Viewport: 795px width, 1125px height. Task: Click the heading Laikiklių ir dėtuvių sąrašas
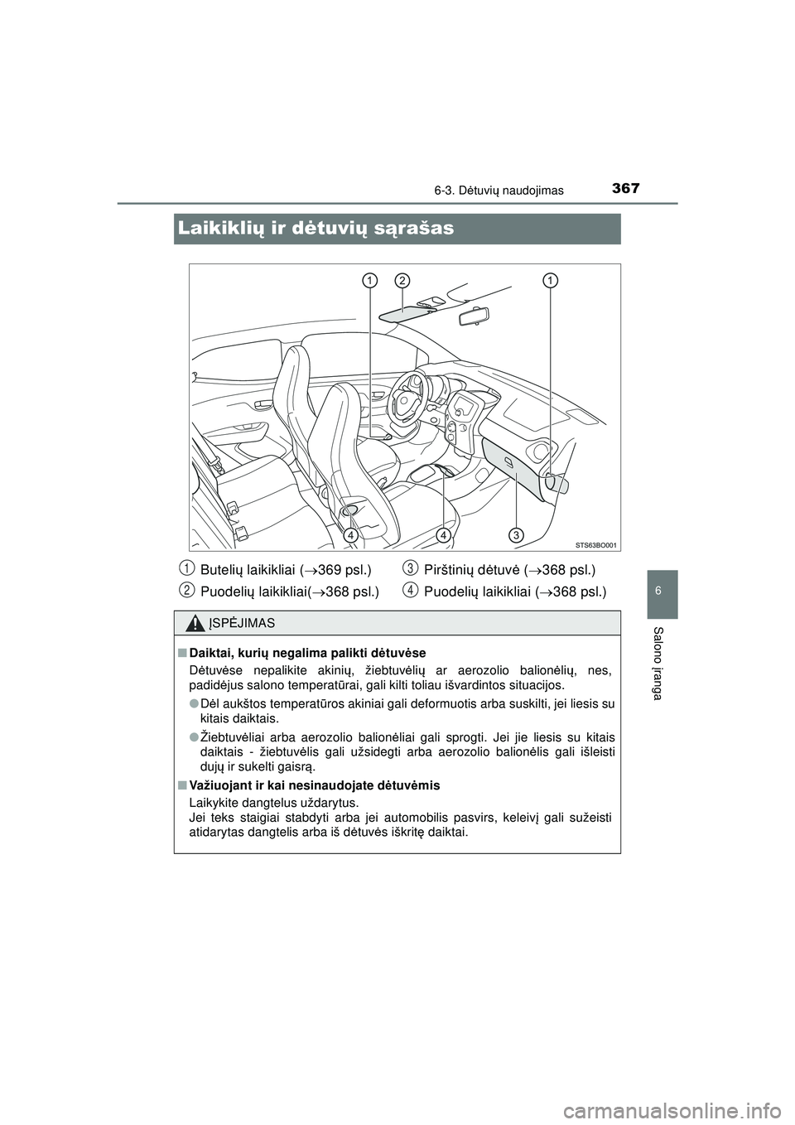pos(316,228)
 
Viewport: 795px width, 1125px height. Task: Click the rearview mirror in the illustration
pos(468,316)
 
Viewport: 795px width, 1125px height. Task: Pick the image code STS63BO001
pos(595,544)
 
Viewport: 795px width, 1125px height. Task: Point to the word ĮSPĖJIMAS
pos(242,623)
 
